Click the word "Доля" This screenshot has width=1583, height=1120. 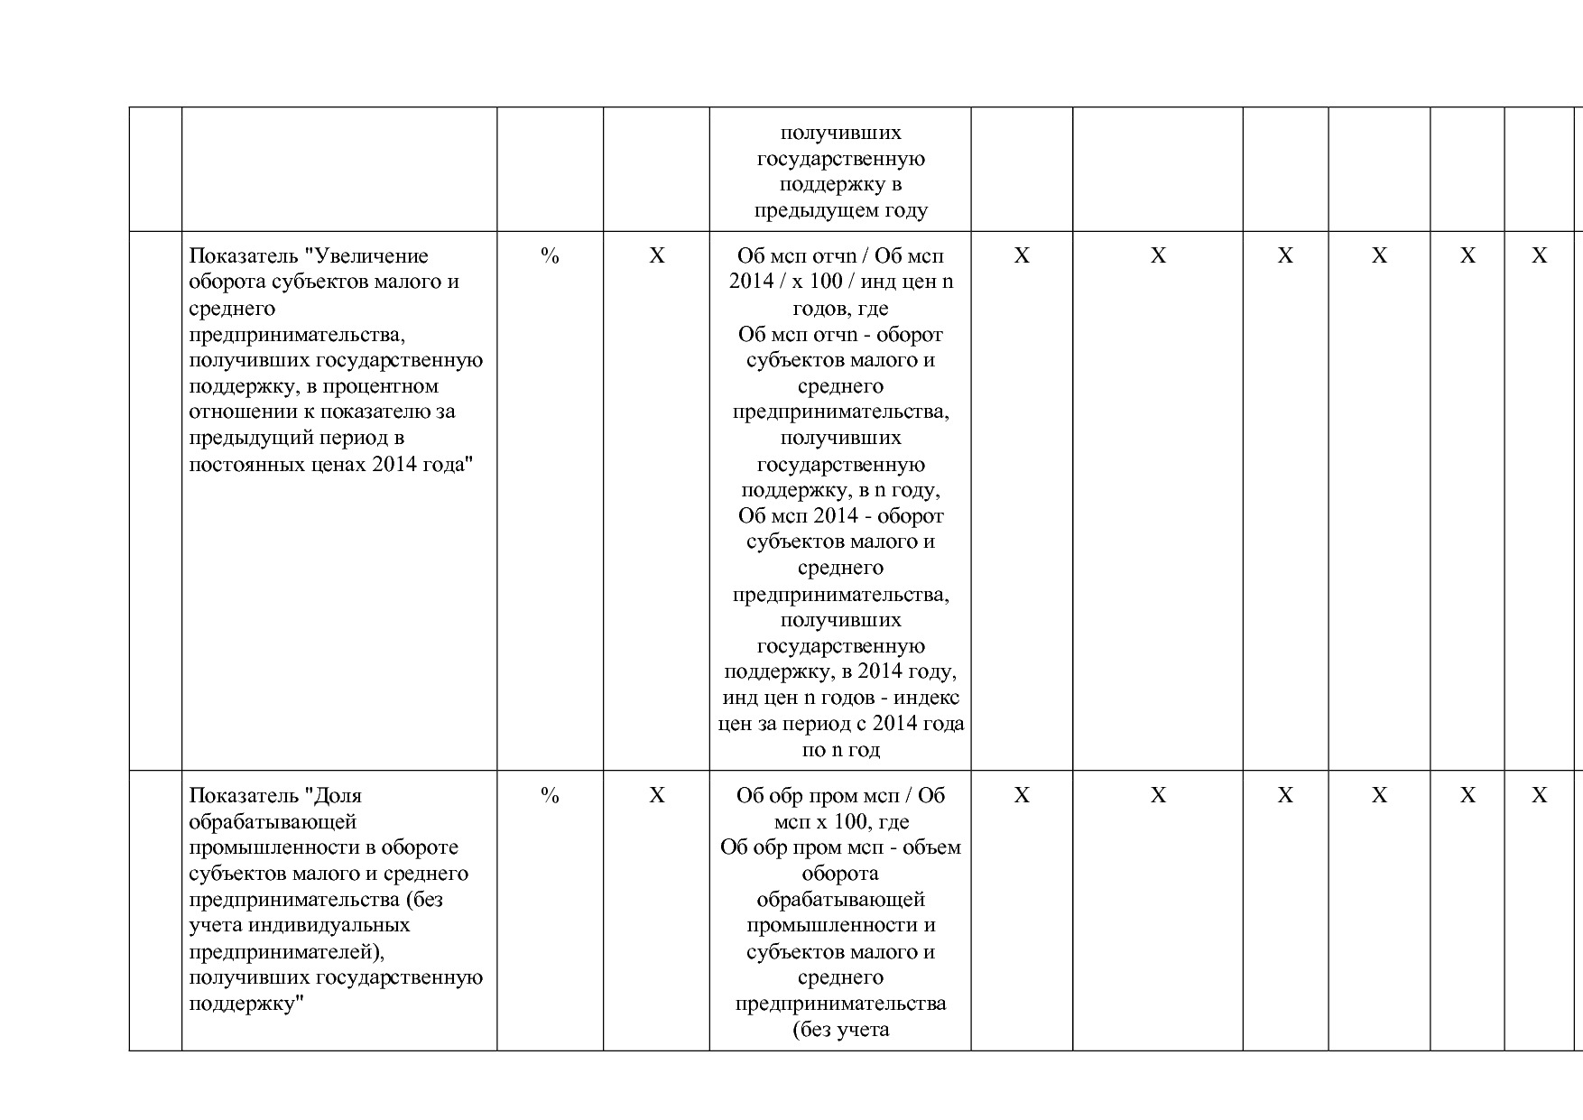pyautogui.click(x=337, y=796)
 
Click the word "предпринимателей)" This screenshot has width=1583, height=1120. pyautogui.click(x=293, y=952)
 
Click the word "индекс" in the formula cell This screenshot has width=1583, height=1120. pyautogui.click(x=933, y=699)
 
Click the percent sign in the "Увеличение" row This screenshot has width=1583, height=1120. pyautogui.click(x=550, y=256)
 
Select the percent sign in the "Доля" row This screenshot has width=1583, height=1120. pyautogui.click(x=550, y=796)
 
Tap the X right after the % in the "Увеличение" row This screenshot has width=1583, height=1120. pyautogui.click(x=657, y=256)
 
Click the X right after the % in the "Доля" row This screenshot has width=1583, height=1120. pyautogui.click(x=657, y=796)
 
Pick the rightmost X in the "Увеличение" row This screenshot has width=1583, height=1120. pyautogui.click(x=1539, y=256)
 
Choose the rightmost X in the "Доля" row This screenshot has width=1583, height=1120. pyautogui.click(x=1539, y=796)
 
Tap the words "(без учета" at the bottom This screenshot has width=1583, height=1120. pyautogui.click(x=840, y=1030)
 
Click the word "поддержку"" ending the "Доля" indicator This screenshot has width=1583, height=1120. pyautogui.click(x=243, y=1004)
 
